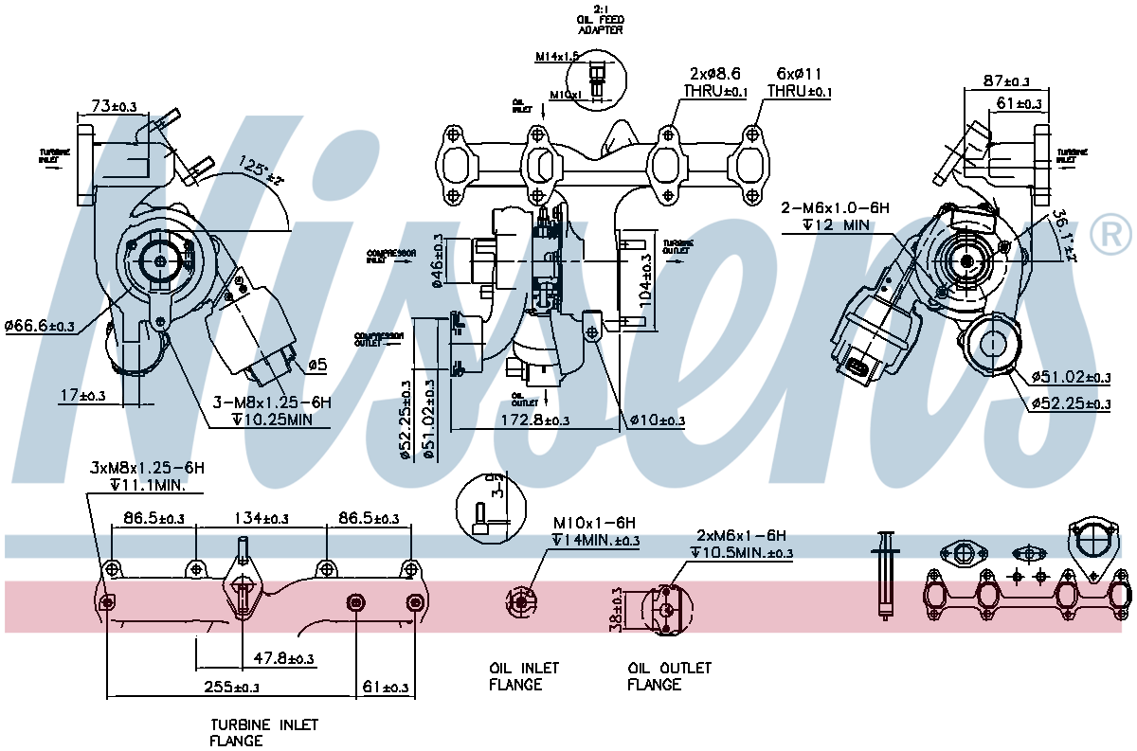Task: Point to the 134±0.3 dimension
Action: pos(262,519)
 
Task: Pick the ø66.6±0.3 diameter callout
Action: pos(40,326)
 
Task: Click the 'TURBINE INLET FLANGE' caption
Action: pos(263,732)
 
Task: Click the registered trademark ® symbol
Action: pos(1111,235)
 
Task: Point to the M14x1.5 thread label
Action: pos(556,57)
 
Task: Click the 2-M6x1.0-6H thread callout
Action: pos(837,206)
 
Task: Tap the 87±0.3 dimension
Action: pos(1006,82)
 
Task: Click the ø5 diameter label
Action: pos(317,365)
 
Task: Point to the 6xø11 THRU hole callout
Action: pos(800,82)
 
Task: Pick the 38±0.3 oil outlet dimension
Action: pos(618,608)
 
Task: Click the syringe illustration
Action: pos(886,574)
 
